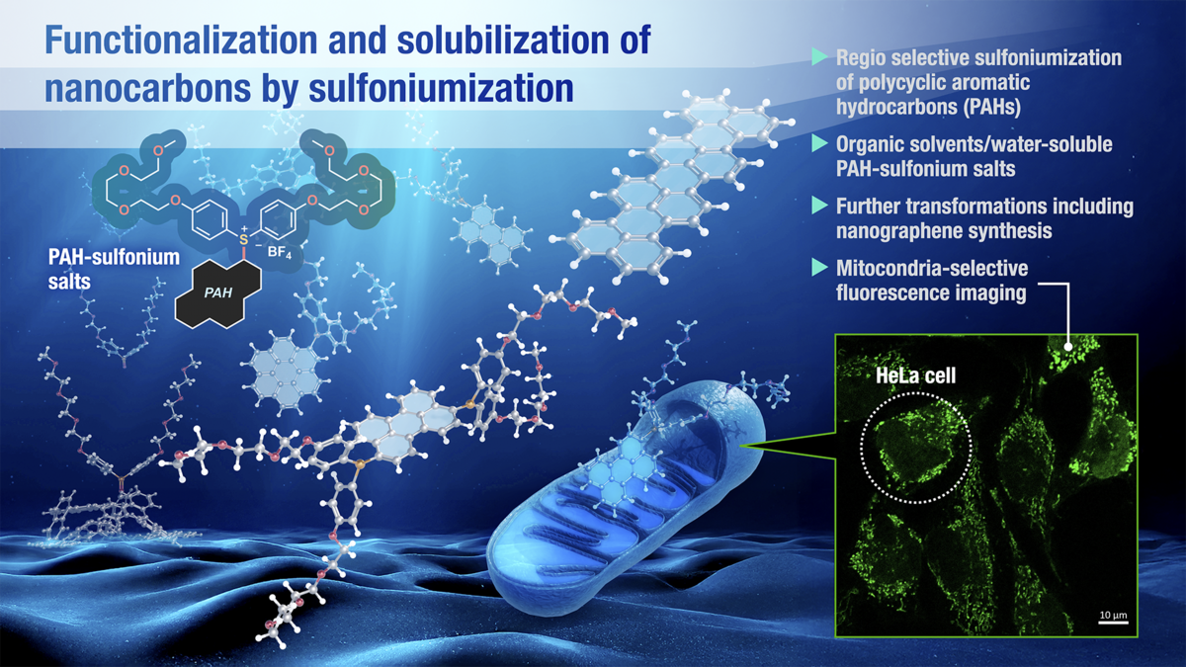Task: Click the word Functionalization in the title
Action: (181, 41)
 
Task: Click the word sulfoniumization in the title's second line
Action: (441, 88)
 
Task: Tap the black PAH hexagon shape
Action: (218, 293)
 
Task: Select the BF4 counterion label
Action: (280, 252)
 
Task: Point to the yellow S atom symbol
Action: (243, 240)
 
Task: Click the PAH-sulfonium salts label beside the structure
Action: (114, 269)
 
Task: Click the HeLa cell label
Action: (916, 375)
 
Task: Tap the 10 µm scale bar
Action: (1113, 622)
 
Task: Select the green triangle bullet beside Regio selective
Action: (819, 57)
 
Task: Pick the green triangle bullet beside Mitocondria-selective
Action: (819, 268)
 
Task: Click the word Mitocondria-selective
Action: (932, 268)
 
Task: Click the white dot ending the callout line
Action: (1068, 347)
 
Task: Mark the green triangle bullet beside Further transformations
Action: (819, 206)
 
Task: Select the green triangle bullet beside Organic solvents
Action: (819, 143)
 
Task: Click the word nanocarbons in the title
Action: (147, 88)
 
